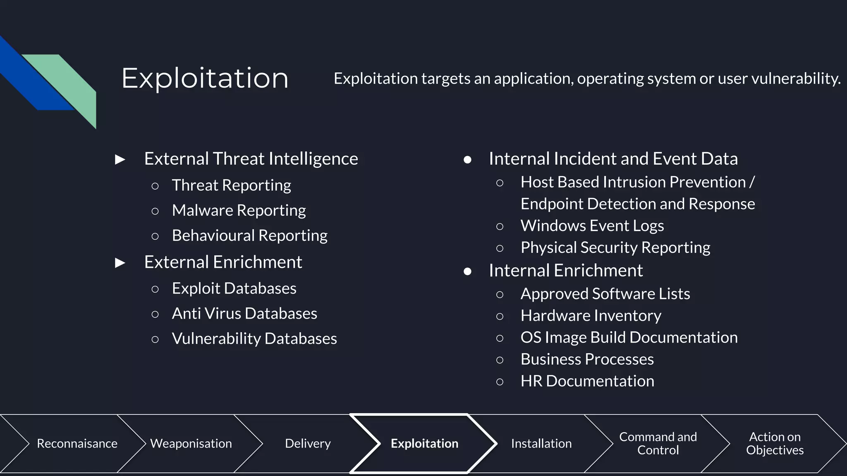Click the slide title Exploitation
pos(205,78)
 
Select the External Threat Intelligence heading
pos(251,159)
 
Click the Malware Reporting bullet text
pos(239,210)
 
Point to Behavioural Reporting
pos(249,236)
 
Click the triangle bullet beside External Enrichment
pos(120,262)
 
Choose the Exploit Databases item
pos(234,288)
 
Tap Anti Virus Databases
pos(244,314)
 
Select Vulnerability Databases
pos(254,339)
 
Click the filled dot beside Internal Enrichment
pos(467,271)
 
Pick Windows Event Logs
pos(592,226)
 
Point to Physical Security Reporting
pos(615,248)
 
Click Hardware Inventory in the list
pos(591,316)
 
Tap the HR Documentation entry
pos(587,381)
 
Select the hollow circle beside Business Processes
pos(500,360)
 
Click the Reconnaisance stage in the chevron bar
pos(77,443)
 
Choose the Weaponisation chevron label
pos(191,443)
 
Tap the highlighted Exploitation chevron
pos(424,443)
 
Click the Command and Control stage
pos(658,443)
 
